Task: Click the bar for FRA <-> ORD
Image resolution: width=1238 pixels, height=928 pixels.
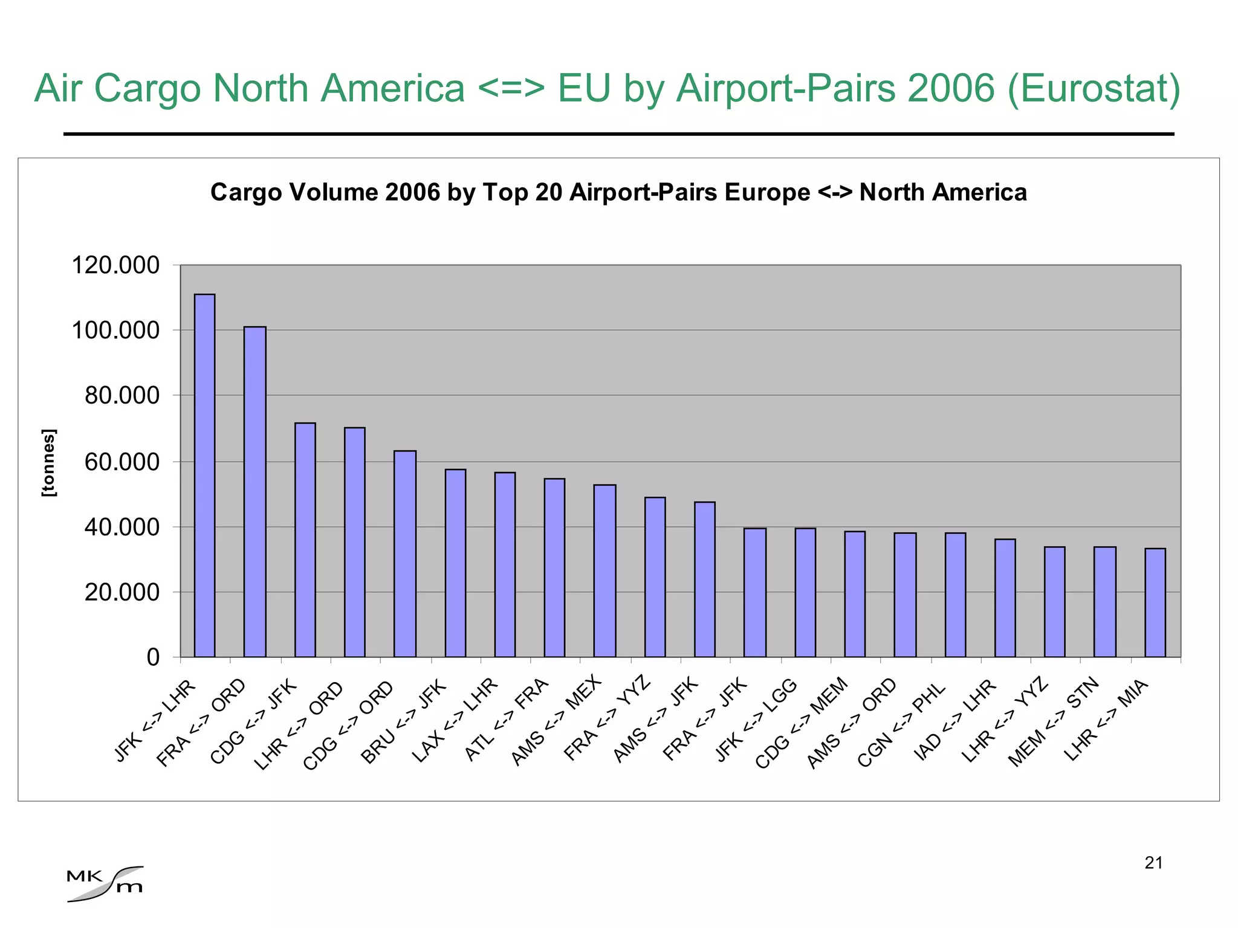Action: pos(254,492)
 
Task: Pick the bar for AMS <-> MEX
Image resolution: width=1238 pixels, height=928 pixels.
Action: pos(604,570)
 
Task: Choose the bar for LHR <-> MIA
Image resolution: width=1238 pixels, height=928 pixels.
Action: pos(1155,602)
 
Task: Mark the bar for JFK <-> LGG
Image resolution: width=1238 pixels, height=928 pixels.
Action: pos(805,592)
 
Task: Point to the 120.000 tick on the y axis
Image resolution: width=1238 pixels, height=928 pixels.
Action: pos(115,265)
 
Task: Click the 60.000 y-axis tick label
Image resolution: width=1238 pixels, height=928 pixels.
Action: pos(122,462)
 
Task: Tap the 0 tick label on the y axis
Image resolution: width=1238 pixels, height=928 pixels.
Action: pos(153,657)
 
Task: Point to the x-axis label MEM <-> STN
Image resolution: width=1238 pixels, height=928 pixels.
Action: pos(1052,723)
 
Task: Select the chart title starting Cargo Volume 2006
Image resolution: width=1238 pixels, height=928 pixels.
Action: pos(618,193)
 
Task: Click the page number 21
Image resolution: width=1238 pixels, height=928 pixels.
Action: pos(1153,863)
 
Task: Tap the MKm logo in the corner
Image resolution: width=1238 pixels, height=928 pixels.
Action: pos(105,884)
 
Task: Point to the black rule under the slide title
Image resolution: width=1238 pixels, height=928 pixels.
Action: pos(618,134)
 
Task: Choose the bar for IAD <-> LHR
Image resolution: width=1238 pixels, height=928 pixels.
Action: pos(1005,598)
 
